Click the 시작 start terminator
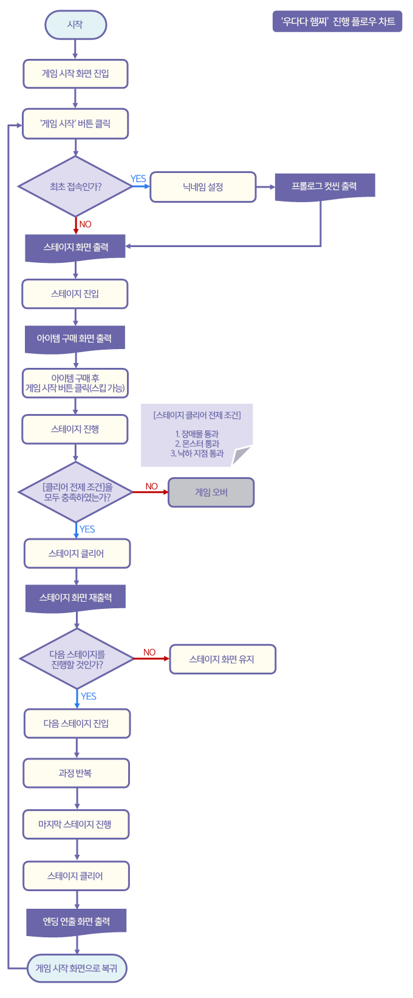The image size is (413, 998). point(75,25)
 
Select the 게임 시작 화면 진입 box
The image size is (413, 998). point(75,74)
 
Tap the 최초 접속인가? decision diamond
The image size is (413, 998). point(75,186)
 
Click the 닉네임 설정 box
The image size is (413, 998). point(203,187)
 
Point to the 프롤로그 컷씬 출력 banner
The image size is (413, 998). point(324,186)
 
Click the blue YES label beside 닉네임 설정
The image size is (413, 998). point(138,178)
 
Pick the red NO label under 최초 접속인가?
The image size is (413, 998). point(85,224)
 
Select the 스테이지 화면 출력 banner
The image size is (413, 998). point(75,248)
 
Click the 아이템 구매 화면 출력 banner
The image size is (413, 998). point(75,339)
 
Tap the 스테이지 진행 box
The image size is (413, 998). point(75,429)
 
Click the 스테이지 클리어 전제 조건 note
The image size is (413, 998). point(197,435)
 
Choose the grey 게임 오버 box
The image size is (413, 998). point(211,492)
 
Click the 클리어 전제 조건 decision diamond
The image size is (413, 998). point(76,492)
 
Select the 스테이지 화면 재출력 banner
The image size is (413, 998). point(76,598)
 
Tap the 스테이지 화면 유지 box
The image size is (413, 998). point(222,659)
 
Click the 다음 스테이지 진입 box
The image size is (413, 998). point(77,724)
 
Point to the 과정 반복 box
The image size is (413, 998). point(76,773)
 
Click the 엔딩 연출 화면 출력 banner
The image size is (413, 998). point(77,922)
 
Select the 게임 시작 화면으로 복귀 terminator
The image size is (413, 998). point(77,968)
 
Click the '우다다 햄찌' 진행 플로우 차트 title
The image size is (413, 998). point(337,22)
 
